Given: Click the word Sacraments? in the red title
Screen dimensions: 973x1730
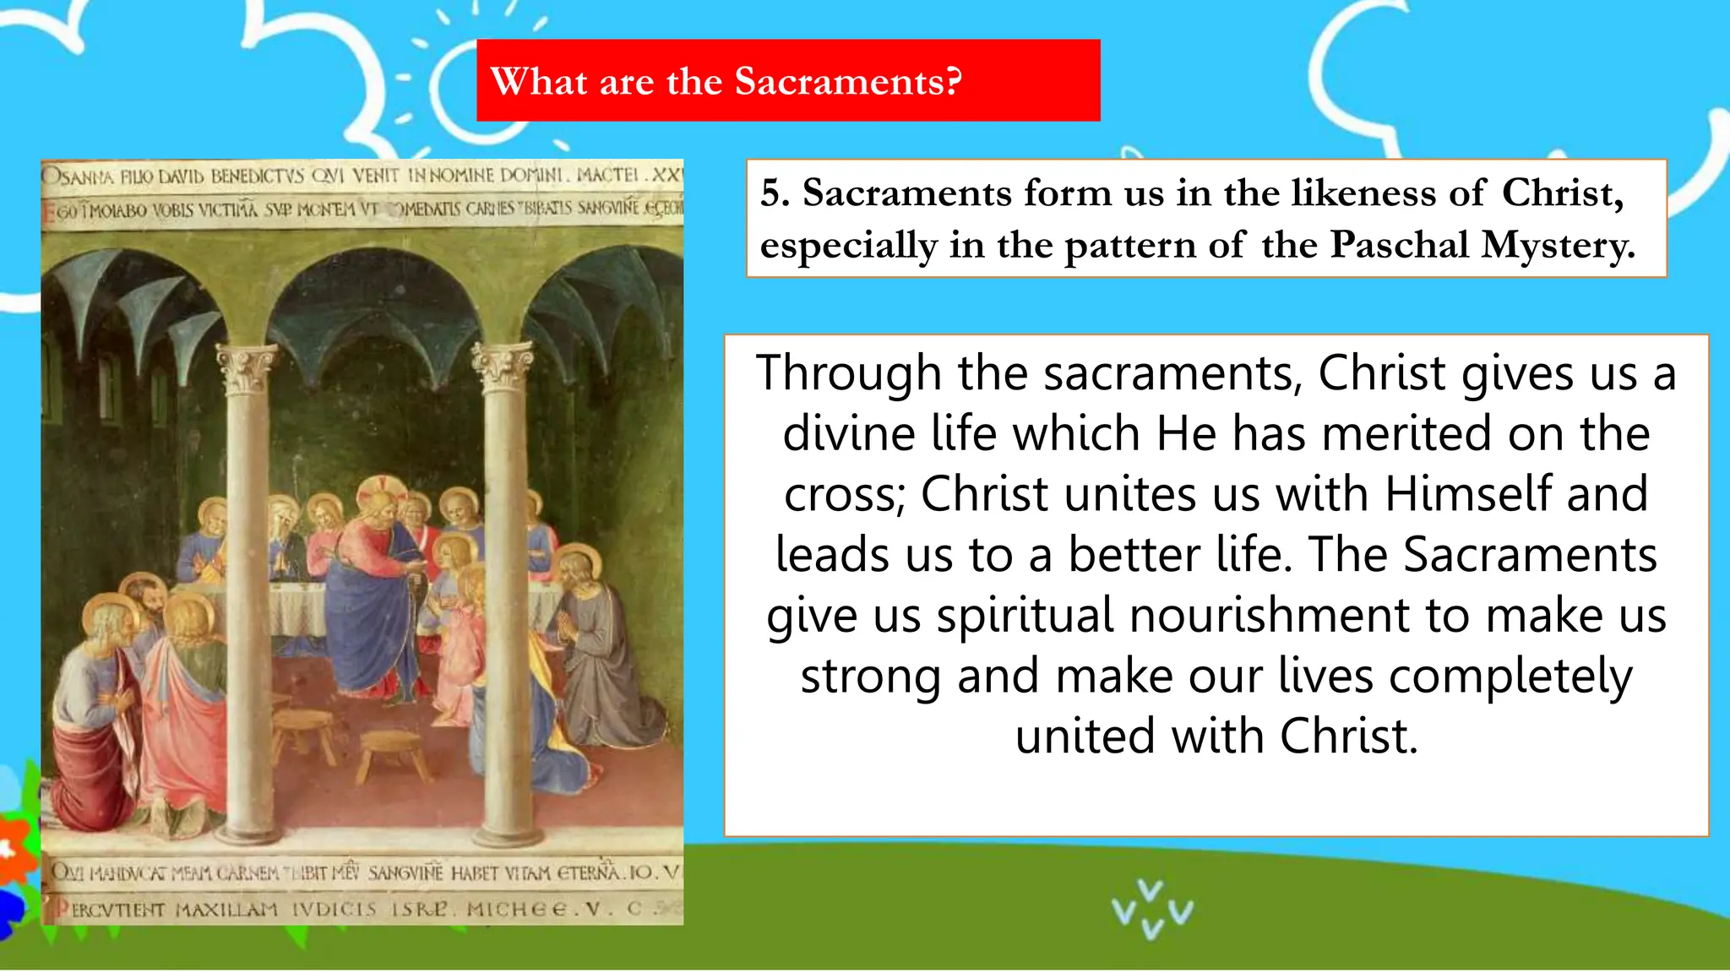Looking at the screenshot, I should [x=847, y=82].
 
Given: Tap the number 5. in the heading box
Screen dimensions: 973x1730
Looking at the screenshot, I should [x=775, y=193].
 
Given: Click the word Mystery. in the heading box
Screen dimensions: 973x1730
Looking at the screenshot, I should [x=1559, y=246].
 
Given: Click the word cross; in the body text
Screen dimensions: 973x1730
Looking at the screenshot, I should [x=844, y=494].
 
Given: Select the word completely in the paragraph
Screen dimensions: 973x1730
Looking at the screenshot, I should [x=1510, y=677].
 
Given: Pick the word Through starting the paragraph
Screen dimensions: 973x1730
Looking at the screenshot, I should [x=848, y=373].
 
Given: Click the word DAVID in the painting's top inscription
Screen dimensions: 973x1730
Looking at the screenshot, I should [x=181, y=177].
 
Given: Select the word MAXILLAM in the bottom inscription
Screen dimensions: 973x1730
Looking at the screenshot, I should [x=226, y=910].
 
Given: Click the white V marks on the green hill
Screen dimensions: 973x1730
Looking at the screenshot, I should [x=1152, y=909].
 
